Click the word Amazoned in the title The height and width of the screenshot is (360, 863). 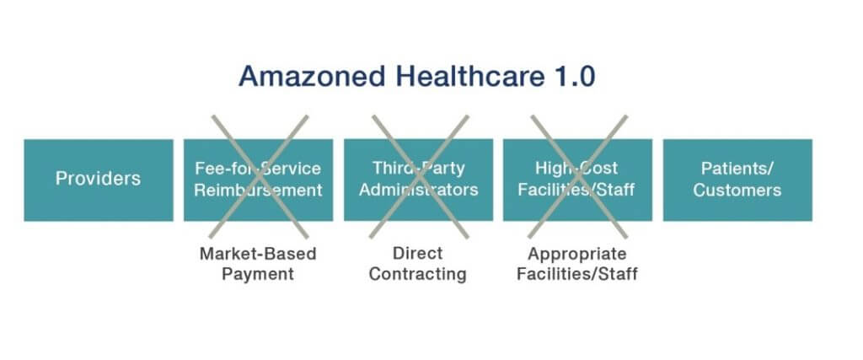312,76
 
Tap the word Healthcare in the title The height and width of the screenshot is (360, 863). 471,76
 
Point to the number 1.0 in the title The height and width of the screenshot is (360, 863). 576,76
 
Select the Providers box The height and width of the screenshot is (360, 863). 99,180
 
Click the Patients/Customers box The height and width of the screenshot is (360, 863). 737,180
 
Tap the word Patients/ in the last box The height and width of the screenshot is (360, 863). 737,169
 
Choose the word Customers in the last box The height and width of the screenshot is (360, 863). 737,191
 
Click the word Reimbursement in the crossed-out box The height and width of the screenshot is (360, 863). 258,191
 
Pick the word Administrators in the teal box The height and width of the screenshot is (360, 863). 418,191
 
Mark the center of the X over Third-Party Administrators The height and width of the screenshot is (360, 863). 420,176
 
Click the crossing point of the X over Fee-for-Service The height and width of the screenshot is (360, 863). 260,176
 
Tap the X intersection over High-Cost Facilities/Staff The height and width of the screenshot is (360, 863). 578,176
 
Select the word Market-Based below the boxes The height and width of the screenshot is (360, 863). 258,254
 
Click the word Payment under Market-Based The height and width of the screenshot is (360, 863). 258,274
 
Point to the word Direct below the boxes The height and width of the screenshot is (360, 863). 418,253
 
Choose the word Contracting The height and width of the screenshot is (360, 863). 418,274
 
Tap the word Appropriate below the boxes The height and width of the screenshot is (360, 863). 577,255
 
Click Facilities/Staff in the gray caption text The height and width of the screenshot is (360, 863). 577,274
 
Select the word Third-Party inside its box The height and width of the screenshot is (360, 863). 418,169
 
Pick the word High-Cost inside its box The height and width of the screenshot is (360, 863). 576,169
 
